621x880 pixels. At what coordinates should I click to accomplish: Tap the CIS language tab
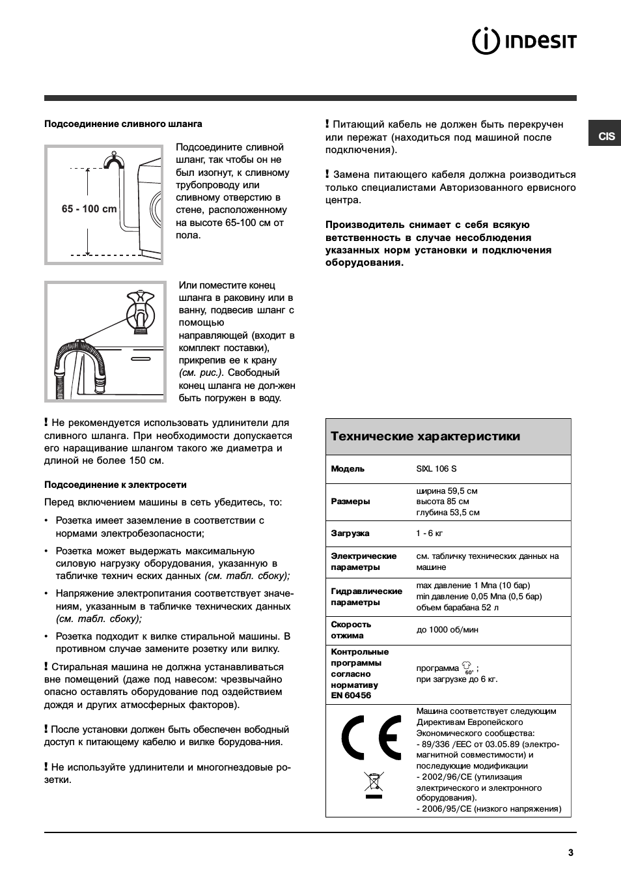tap(606, 136)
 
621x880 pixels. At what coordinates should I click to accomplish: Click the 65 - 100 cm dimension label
tap(89, 209)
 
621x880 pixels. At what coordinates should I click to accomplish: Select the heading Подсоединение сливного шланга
tap(123, 124)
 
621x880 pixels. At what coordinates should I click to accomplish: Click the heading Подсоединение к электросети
tap(115, 485)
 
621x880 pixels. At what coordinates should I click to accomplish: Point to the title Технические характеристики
tap(425, 436)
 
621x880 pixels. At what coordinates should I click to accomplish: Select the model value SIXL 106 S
tap(436, 469)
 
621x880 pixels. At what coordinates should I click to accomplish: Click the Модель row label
tap(348, 469)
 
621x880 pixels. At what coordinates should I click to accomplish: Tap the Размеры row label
tap(350, 502)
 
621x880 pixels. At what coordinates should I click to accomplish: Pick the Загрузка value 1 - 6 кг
tap(430, 533)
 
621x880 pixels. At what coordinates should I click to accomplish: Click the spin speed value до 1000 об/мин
tap(447, 630)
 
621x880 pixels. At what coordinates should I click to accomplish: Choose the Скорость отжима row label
tap(351, 630)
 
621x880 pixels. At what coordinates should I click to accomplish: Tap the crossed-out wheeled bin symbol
tap(374, 784)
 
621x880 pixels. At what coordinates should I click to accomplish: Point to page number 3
tap(571, 853)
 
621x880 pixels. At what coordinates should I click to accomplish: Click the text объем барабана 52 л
tap(457, 608)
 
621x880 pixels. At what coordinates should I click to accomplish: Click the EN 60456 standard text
tap(351, 696)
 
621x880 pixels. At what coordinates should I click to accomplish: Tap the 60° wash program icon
tap(467, 668)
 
